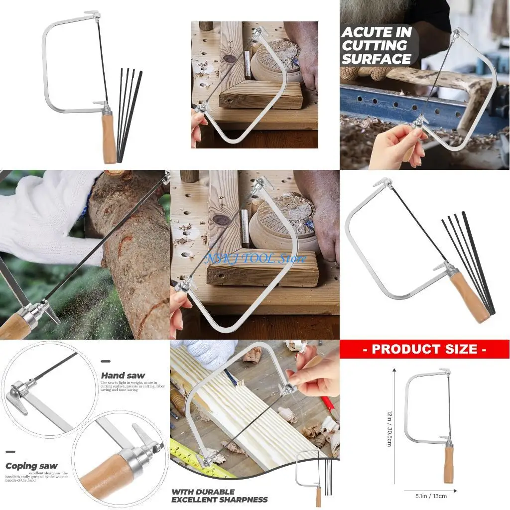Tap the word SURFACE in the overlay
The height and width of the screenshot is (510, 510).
376,59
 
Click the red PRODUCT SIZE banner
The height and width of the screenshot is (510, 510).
424,349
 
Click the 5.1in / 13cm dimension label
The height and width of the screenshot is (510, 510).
431,496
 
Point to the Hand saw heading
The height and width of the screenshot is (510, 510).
123,375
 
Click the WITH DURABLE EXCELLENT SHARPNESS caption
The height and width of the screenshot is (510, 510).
219,496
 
